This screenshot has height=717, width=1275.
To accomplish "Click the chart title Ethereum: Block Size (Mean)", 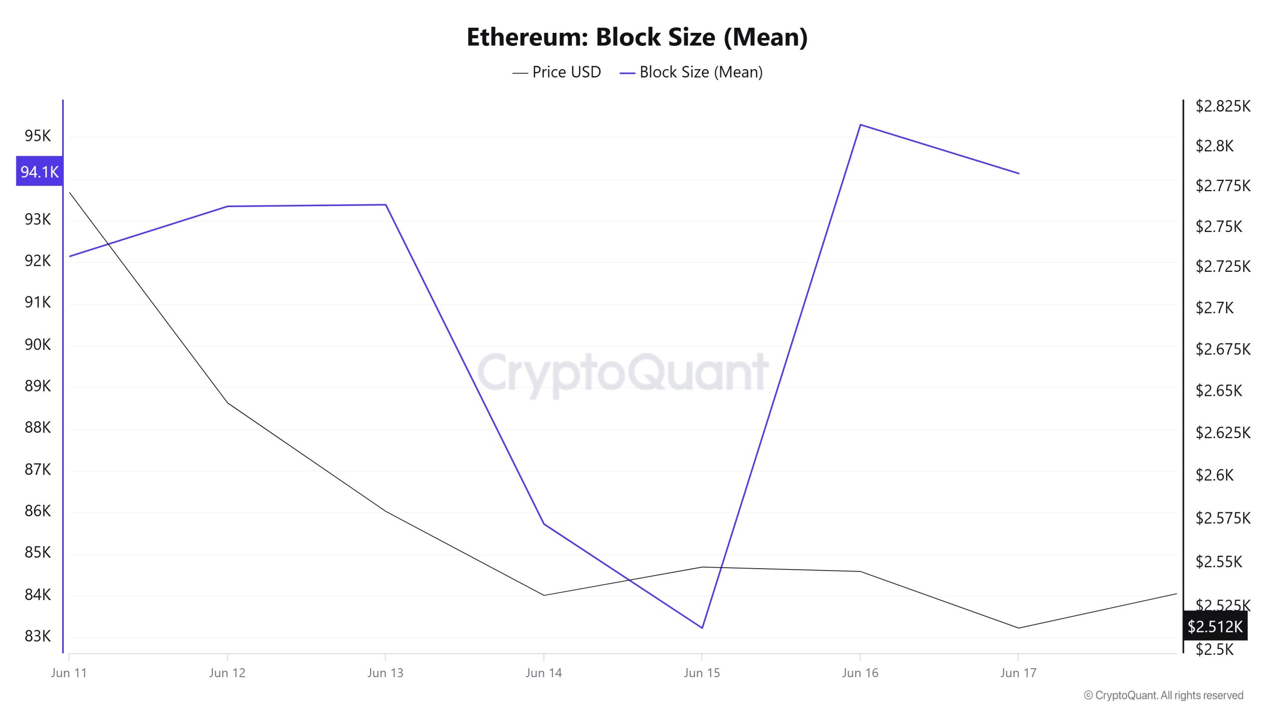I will click(637, 37).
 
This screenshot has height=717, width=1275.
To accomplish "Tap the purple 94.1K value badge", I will click(39, 172).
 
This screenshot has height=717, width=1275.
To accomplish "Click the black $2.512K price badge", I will click(1215, 626).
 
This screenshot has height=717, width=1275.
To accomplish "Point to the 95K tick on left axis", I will click(38, 135).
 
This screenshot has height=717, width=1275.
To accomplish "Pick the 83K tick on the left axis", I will click(38, 636).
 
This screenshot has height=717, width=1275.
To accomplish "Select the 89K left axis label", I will click(38, 385).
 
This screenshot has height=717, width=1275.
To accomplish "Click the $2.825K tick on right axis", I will click(1223, 106).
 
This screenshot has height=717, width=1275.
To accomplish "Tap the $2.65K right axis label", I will click(1219, 390).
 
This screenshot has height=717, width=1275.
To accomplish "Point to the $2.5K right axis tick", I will click(1215, 649).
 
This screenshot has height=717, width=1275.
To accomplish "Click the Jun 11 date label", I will click(69, 673).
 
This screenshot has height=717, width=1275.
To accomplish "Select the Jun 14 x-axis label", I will click(543, 673).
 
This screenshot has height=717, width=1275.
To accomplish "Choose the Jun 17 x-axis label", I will click(1018, 673).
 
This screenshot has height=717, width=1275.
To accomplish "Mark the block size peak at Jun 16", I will click(860, 124).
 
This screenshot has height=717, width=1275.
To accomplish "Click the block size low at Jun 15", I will click(702, 628).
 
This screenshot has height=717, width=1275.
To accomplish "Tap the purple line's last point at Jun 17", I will click(1019, 173).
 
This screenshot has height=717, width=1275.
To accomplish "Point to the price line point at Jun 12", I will click(227, 402).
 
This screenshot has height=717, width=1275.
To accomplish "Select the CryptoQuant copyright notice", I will click(1163, 695).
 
